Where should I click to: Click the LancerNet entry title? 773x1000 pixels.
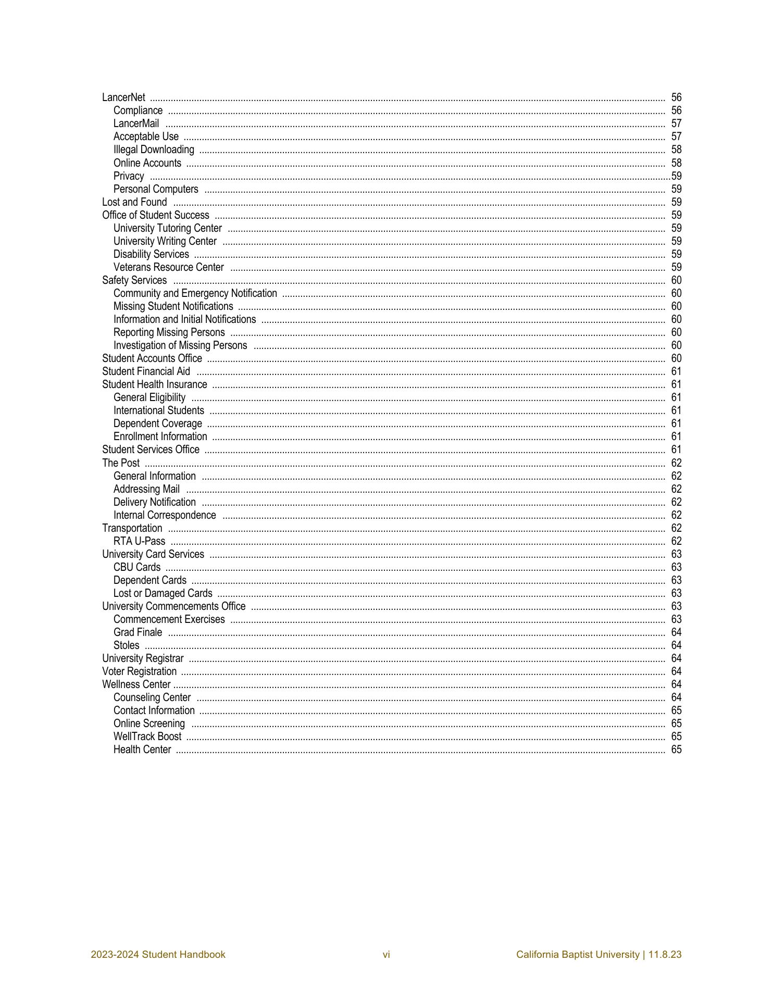tap(123, 97)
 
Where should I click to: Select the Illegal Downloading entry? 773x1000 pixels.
tap(154, 150)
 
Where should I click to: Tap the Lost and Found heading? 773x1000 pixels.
tap(134, 202)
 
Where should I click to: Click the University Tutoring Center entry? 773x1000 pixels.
tap(167, 228)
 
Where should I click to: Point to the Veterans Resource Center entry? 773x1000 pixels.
tap(168, 267)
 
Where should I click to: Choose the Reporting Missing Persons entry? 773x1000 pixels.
tap(169, 332)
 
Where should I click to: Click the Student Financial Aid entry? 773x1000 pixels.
tap(146, 371)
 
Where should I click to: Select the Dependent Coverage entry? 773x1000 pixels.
tap(157, 423)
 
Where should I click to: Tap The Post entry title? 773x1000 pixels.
tap(121, 463)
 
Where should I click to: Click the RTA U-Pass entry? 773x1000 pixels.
tap(139, 541)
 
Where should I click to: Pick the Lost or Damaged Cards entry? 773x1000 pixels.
tap(163, 593)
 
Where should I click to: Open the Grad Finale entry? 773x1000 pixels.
tap(138, 632)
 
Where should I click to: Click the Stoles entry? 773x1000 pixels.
tap(126, 645)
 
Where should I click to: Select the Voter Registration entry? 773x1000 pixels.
tap(139, 671)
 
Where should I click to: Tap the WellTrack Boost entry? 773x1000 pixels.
tap(147, 736)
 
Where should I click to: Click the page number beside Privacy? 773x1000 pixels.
tap(676, 176)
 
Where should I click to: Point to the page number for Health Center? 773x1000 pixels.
tap(676, 749)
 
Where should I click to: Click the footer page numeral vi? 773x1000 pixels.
tap(386, 955)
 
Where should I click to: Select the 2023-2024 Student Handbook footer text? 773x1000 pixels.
tap(158, 955)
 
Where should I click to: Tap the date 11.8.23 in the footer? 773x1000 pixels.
tap(665, 955)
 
